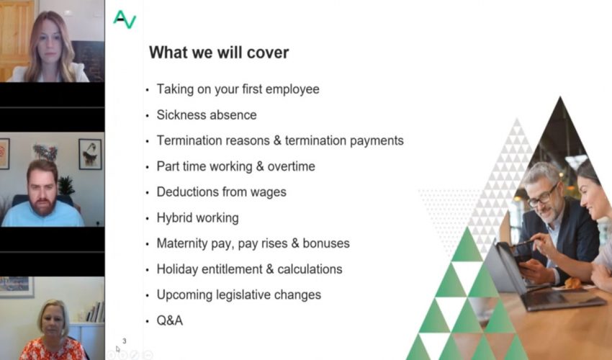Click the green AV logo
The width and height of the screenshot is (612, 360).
click(x=125, y=19)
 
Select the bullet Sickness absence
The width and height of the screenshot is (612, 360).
click(x=207, y=114)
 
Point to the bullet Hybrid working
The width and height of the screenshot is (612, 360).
click(x=197, y=218)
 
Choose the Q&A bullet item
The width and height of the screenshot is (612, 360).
click(x=170, y=320)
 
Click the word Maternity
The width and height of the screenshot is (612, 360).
click(x=182, y=243)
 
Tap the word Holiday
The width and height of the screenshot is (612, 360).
click(x=177, y=269)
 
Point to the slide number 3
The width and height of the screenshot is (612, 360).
click(x=124, y=341)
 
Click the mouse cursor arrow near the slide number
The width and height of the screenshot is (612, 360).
click(x=117, y=348)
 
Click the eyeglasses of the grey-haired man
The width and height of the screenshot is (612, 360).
click(x=544, y=197)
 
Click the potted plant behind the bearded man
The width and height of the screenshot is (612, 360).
click(x=66, y=186)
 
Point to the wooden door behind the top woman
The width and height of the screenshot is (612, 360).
click(x=17, y=38)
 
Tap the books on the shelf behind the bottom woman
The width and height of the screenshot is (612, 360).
click(x=96, y=312)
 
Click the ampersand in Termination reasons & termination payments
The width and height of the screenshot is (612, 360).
click(x=277, y=140)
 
